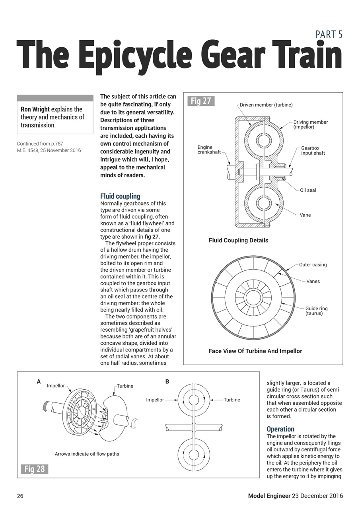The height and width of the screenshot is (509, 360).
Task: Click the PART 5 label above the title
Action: coord(329,35)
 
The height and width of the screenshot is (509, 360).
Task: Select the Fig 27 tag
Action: coord(200,101)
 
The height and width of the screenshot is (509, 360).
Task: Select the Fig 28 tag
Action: coord(34,469)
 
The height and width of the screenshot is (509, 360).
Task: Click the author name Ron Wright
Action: coord(35,109)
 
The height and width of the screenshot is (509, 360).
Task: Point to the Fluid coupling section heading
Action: coord(120,196)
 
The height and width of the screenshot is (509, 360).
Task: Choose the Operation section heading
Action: coord(280,429)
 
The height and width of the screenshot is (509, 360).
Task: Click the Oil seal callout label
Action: coord(308,190)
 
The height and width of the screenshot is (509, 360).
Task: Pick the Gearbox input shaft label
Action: coord(313,150)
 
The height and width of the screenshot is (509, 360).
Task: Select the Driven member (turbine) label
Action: coord(266,105)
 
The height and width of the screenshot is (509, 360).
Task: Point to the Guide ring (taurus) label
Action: coord(316,311)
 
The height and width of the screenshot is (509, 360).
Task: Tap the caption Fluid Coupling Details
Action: coord(238,240)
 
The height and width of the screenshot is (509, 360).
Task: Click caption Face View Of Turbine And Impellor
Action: coord(255,351)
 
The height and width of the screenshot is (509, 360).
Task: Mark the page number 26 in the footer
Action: coord(20,496)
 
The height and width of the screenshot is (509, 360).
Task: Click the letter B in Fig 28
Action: coord(167,382)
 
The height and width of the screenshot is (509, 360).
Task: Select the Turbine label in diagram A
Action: coord(125,386)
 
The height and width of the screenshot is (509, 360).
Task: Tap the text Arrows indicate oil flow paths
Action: coord(87,454)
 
